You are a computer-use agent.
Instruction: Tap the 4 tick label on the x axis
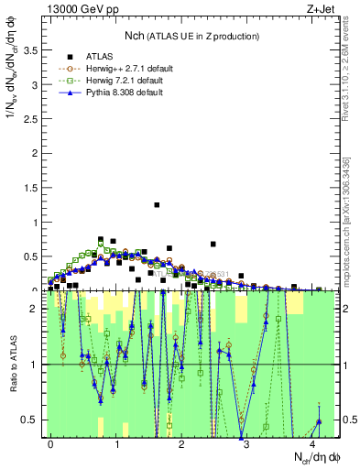[x=312, y=443]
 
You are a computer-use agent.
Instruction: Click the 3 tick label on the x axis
[x=247, y=443]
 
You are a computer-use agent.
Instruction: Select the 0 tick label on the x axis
[x=51, y=443]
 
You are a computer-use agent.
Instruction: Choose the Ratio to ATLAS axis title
[x=13, y=365]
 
